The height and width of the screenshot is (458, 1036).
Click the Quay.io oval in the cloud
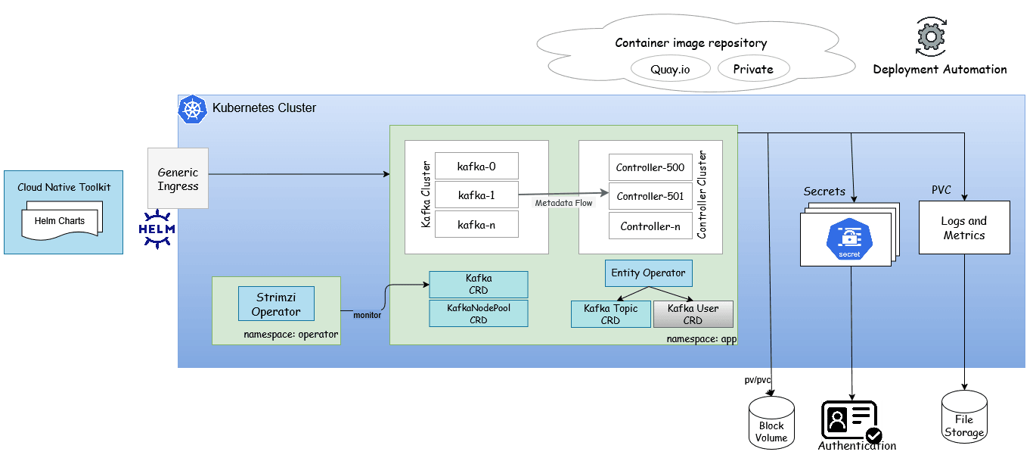670,70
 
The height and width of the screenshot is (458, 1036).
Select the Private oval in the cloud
753,70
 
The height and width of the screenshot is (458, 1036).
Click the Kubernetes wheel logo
192,110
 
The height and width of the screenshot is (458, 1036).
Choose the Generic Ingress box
178,179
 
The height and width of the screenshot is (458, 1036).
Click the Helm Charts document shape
60,221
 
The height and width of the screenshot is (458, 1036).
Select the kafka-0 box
476,166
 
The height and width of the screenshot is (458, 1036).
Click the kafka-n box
476,225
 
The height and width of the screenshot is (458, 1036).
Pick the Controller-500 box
650,167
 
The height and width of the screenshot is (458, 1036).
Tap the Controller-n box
650,226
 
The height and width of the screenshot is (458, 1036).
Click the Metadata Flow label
563,203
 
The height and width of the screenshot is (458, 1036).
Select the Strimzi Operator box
276,304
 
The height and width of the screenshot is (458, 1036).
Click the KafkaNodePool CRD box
478,314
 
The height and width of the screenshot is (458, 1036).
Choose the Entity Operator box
648,273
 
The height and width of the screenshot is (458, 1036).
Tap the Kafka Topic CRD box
610,314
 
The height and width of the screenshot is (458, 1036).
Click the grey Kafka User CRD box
693,314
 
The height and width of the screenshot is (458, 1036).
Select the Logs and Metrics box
964,228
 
